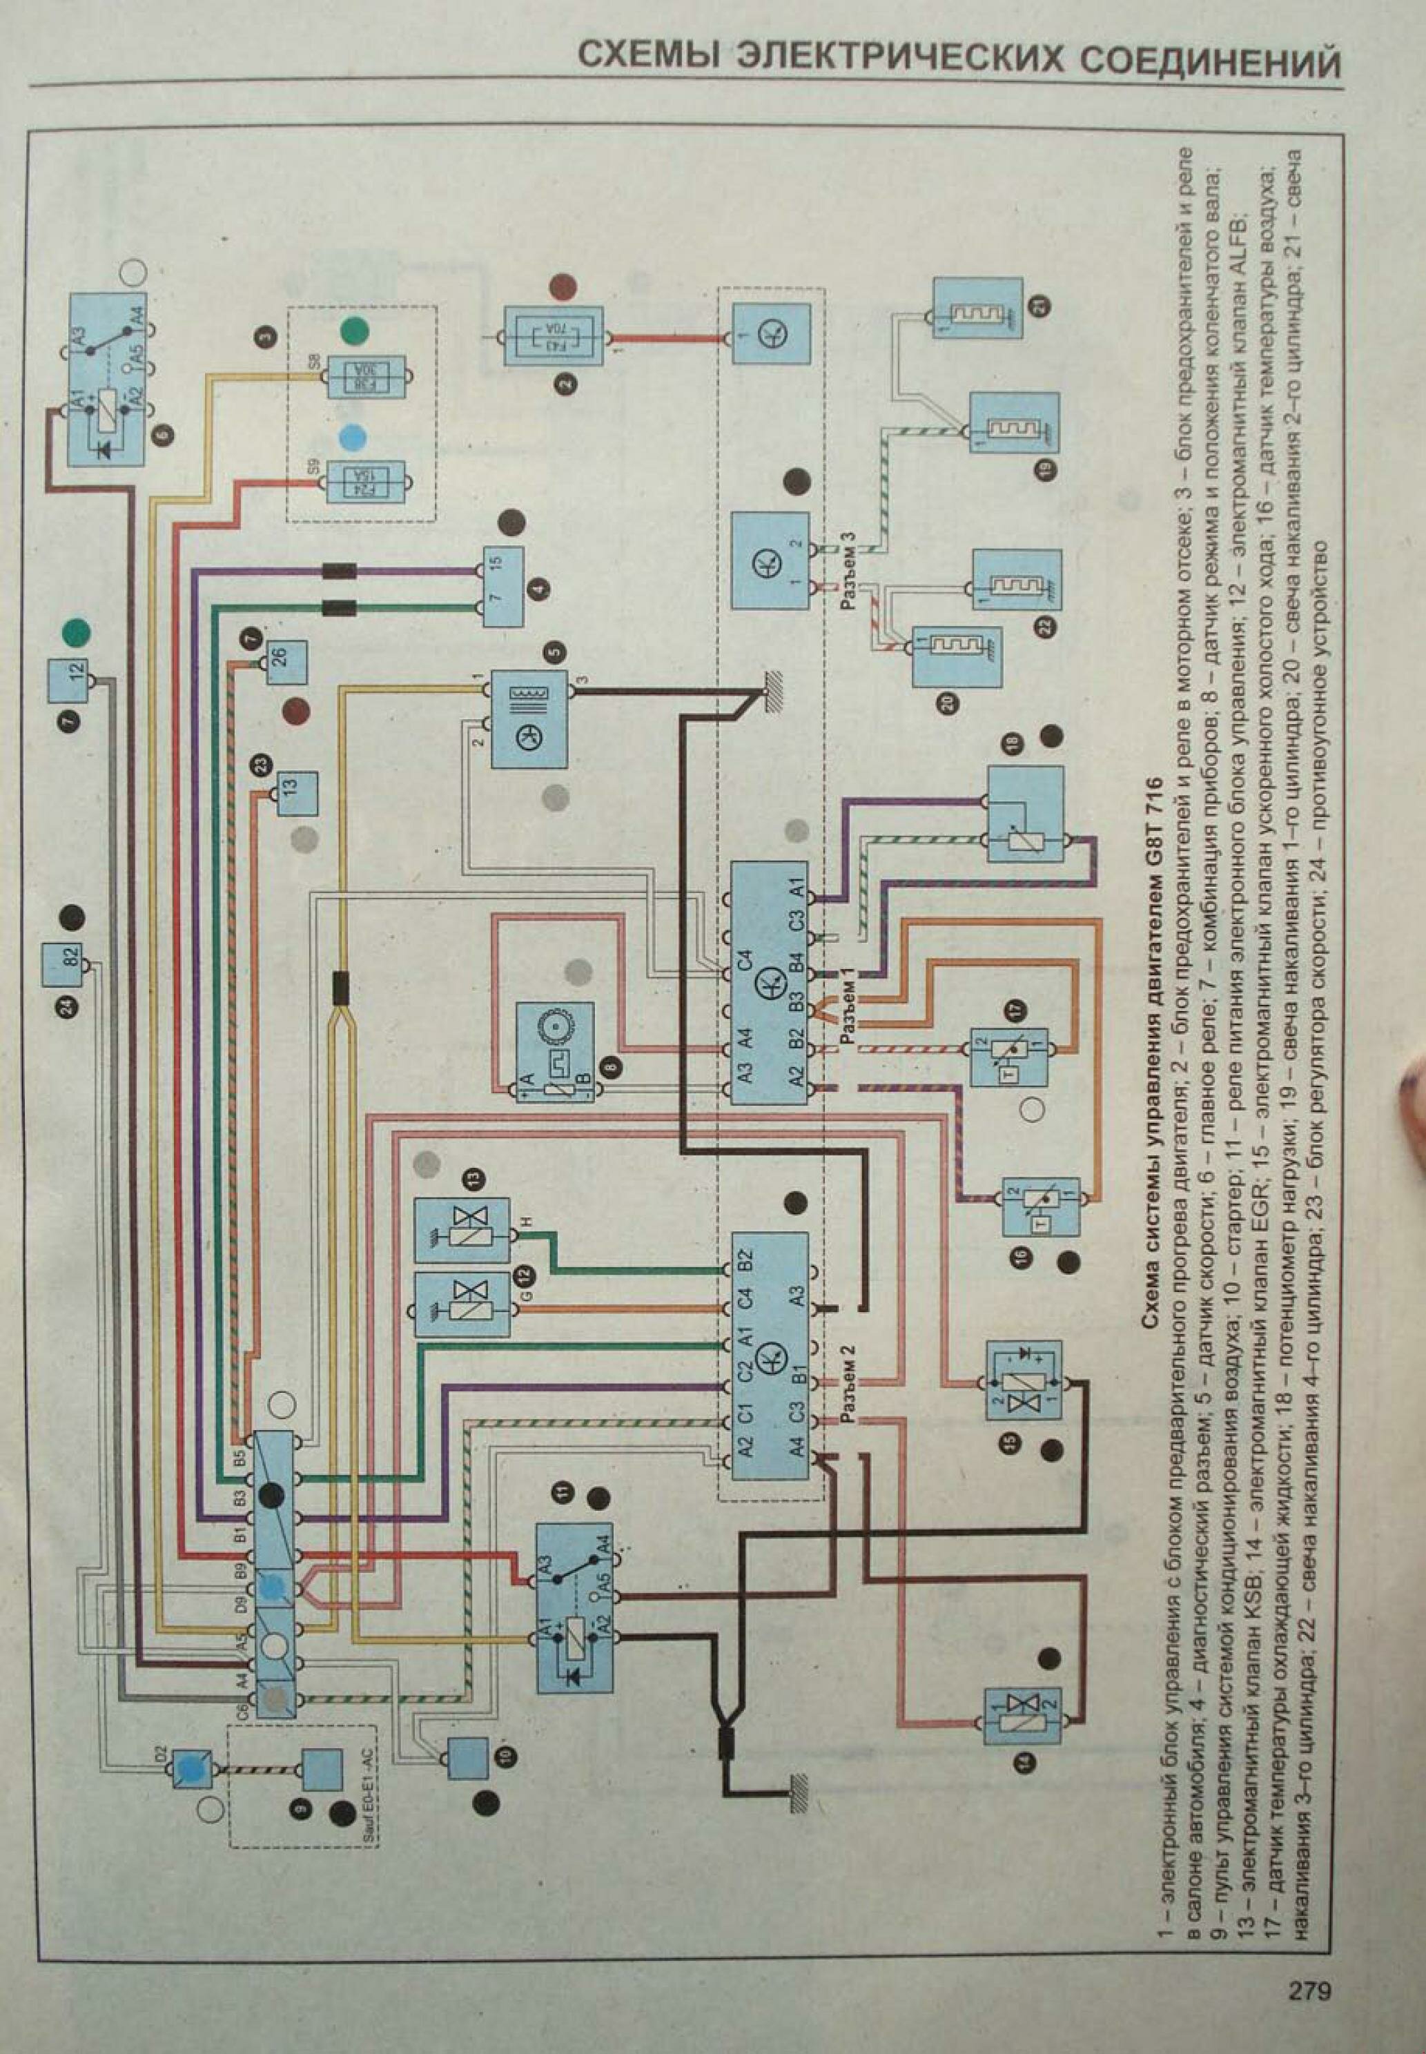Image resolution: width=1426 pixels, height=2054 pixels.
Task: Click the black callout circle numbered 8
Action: click(x=610, y=1065)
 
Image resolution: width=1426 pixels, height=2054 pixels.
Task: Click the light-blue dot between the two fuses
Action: click(x=355, y=437)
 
